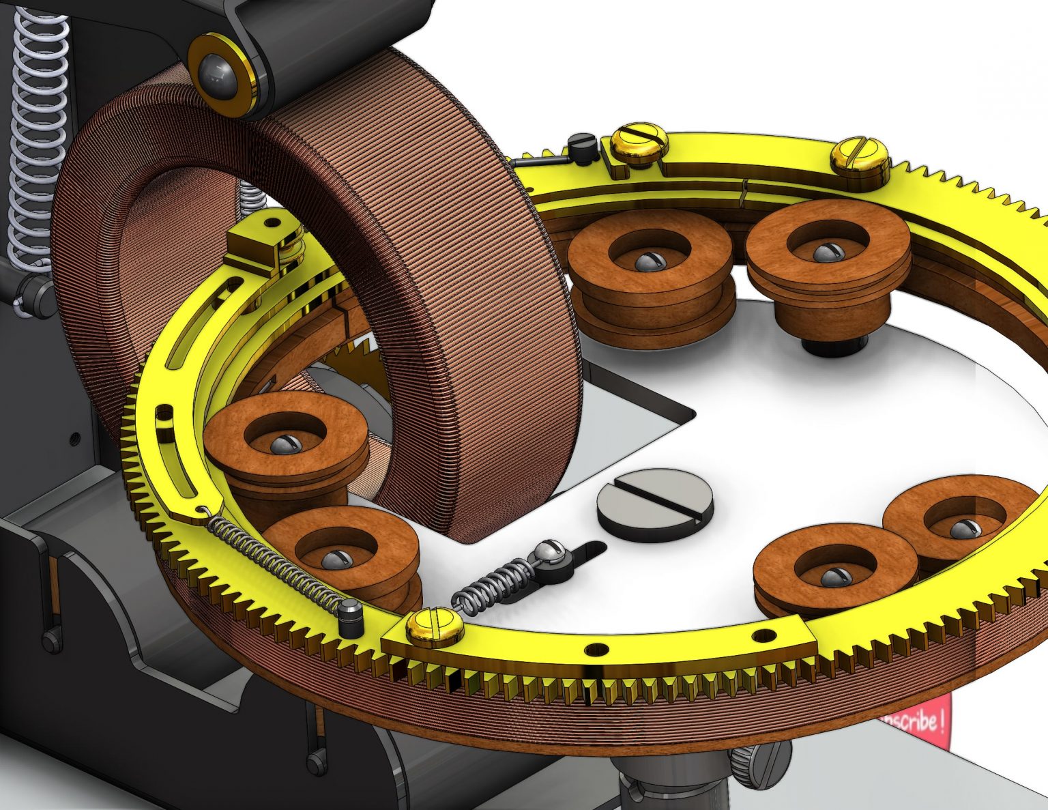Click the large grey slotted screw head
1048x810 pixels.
(655, 505)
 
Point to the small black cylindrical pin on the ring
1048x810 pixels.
(582, 147)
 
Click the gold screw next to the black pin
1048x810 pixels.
(639, 145)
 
